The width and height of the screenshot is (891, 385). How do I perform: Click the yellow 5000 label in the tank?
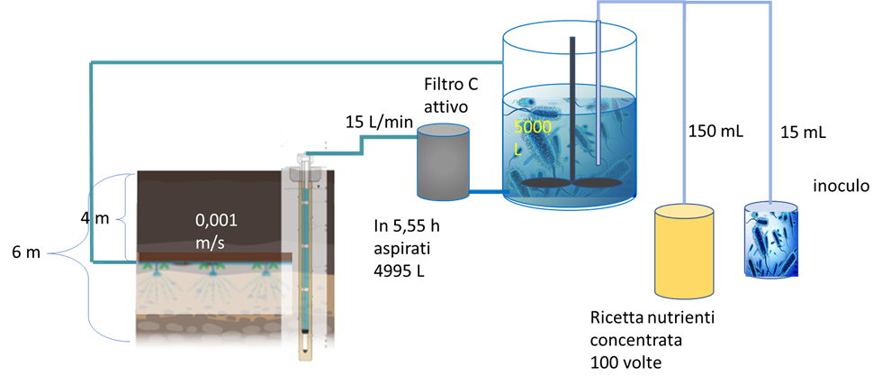(x=532, y=128)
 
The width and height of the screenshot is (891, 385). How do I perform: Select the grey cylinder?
(x=443, y=162)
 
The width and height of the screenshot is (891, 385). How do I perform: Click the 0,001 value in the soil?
(x=216, y=219)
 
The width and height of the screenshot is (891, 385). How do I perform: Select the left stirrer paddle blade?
(x=545, y=183)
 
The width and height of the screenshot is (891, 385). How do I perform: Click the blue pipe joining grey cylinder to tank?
(x=486, y=192)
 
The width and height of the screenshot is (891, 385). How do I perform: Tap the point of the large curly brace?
(x=49, y=254)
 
